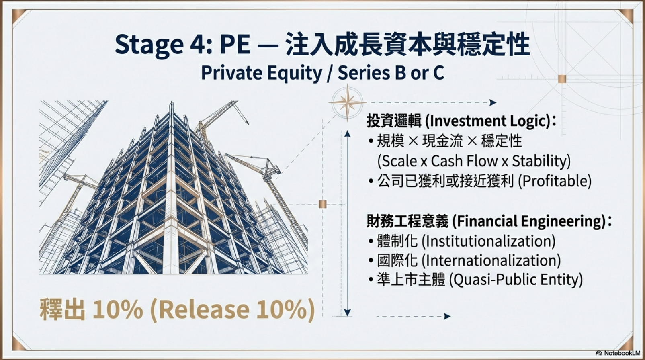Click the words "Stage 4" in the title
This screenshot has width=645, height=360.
pos(164,45)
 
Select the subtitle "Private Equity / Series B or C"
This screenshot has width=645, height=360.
pos(322,73)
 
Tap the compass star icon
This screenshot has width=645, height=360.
pos(347,102)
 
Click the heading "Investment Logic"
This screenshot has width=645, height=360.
pos(487,121)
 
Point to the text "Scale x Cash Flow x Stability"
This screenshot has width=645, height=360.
pos(474,161)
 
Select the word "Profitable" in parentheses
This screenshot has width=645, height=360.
pos(554,181)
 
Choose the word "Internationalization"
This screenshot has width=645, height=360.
pos(491,260)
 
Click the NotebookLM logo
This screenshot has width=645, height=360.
pos(618,353)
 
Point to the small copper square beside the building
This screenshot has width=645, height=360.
pos(322,204)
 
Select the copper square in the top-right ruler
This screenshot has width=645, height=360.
pos(562,79)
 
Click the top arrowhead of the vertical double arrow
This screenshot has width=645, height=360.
pos(347,133)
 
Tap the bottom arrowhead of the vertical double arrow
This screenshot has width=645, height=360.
pos(347,313)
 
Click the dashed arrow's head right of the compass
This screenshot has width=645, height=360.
pos(493,102)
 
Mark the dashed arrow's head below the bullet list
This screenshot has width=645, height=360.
pos(447,317)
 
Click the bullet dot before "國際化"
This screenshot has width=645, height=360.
pos(371,261)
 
